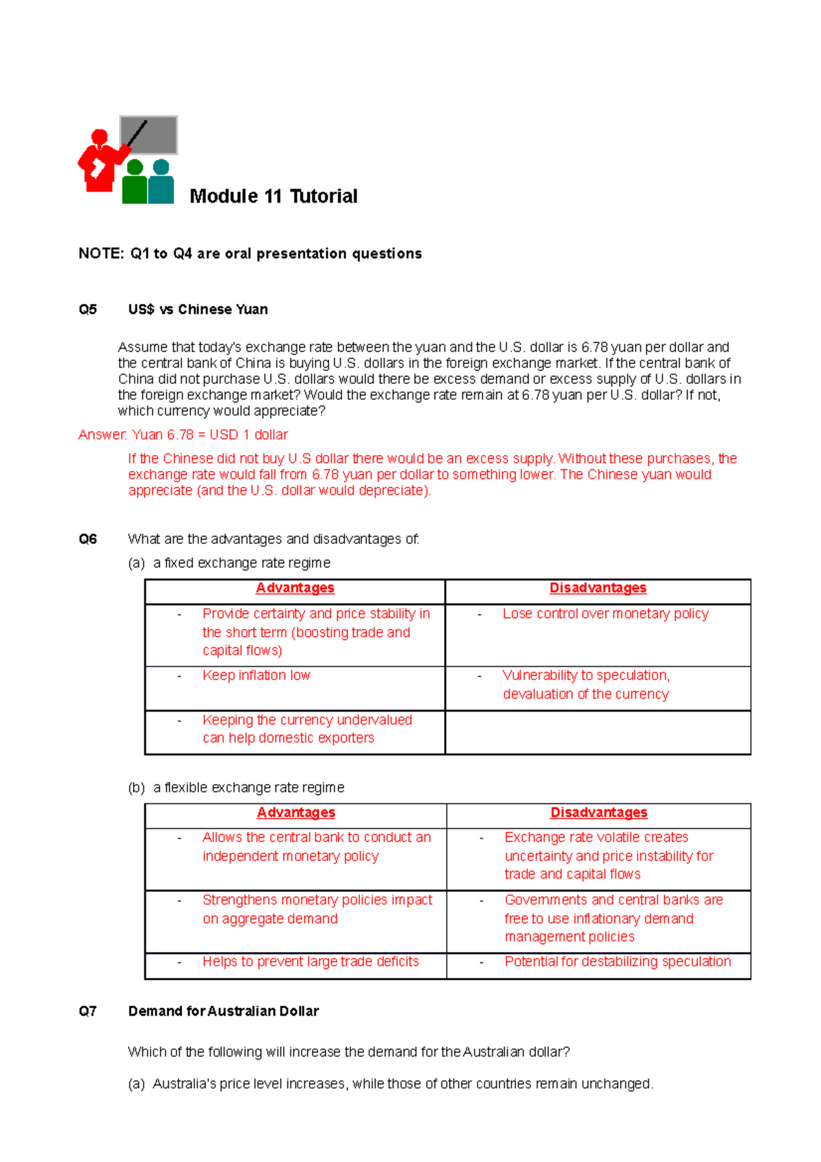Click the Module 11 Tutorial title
273,196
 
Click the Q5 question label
88,309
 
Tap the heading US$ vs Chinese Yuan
198,309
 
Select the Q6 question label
88,539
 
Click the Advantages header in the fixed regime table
295,588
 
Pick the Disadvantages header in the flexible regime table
599,812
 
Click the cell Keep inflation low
256,675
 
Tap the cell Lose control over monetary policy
605,614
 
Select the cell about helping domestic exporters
307,729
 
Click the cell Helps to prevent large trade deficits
310,961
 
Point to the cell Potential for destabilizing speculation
617,961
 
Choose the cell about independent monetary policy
316,847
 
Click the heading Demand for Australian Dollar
223,1011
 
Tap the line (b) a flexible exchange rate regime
236,788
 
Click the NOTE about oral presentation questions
250,254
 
